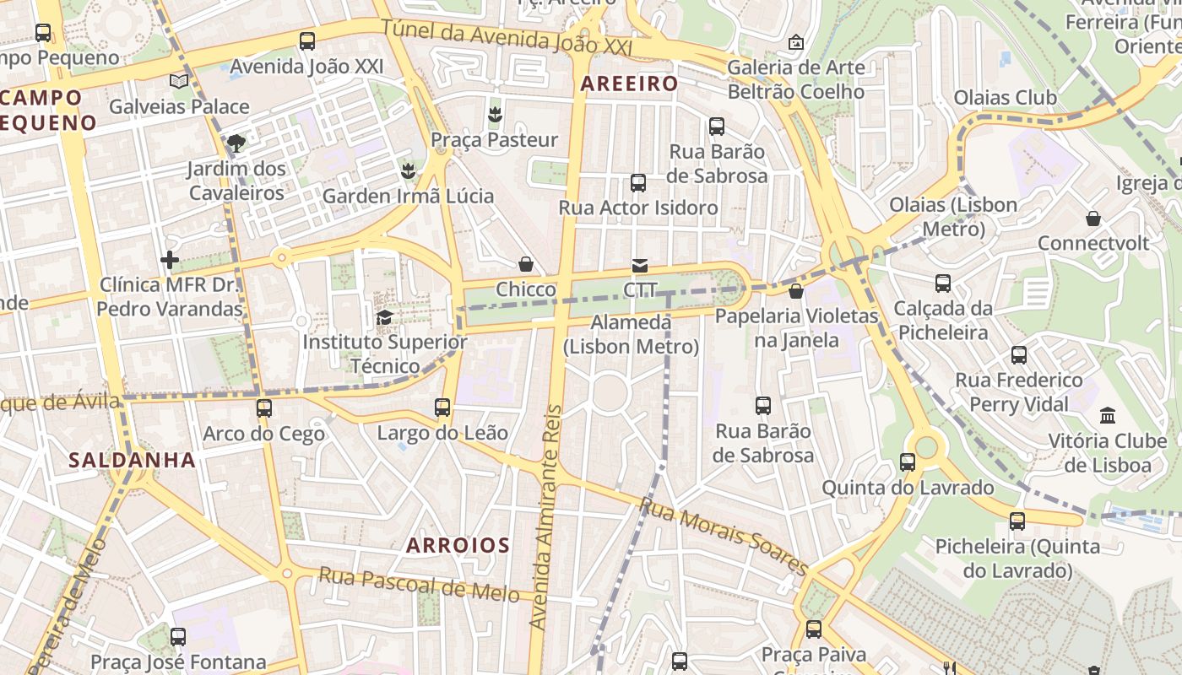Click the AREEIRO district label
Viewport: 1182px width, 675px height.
(x=629, y=84)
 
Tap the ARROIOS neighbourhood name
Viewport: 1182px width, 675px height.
(x=458, y=545)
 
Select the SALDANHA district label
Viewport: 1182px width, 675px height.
(x=132, y=460)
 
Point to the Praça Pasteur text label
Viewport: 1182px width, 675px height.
(x=494, y=139)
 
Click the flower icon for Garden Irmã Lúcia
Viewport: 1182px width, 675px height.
(x=408, y=171)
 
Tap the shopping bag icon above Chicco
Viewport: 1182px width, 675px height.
(x=526, y=264)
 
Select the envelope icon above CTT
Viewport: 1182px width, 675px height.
(x=640, y=266)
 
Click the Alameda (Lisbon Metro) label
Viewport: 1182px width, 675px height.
(x=631, y=334)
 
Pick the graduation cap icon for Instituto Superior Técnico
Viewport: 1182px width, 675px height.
(x=384, y=317)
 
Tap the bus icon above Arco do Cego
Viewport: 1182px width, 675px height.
(x=263, y=408)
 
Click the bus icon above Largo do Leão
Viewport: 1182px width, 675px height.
(x=442, y=408)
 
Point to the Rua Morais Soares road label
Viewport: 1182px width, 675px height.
(x=724, y=536)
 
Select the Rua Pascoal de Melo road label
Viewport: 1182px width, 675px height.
(x=419, y=584)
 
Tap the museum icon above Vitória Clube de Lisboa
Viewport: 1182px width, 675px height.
(x=1108, y=415)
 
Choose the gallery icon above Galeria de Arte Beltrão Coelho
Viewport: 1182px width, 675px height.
(x=795, y=41)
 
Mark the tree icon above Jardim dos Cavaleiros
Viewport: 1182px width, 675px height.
(x=236, y=143)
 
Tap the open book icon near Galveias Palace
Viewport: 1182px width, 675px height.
(x=178, y=81)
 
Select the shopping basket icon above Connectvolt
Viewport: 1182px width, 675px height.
(x=1093, y=219)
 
